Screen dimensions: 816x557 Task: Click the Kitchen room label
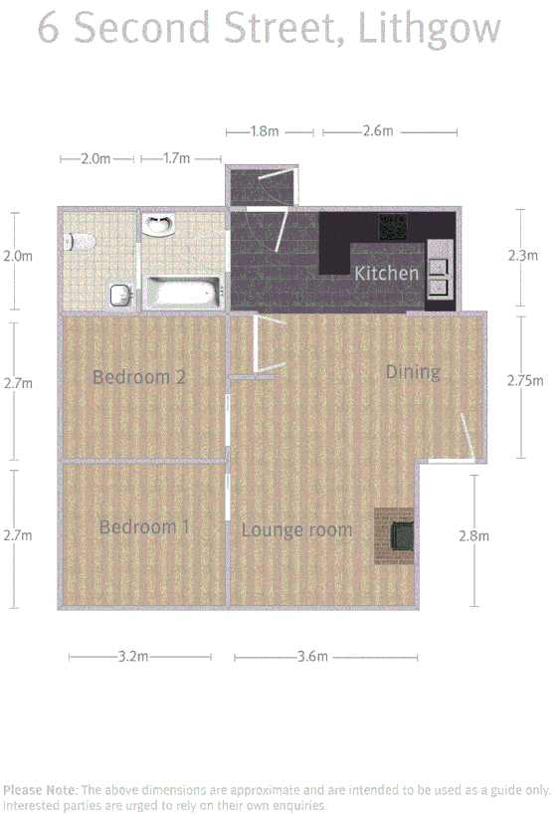click(387, 273)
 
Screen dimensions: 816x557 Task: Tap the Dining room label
click(413, 372)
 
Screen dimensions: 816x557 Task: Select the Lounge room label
click(296, 530)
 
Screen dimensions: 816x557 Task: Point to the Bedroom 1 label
click(144, 527)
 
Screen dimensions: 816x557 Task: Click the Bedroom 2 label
click(139, 377)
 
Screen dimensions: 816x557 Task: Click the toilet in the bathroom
click(80, 240)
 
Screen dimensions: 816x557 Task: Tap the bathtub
click(181, 294)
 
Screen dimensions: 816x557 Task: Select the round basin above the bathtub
click(157, 227)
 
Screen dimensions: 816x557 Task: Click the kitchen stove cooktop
click(390, 229)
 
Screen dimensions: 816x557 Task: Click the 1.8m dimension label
click(264, 131)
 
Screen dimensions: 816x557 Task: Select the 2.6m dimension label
click(378, 131)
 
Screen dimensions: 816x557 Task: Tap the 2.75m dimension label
click(524, 380)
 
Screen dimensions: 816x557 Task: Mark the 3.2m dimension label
click(133, 657)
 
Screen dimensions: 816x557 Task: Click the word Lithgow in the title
click(430, 29)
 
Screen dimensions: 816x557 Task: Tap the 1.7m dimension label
click(176, 158)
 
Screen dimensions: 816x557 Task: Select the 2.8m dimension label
click(474, 536)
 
